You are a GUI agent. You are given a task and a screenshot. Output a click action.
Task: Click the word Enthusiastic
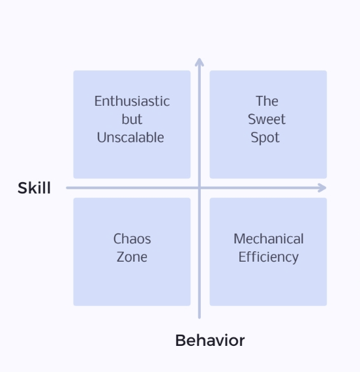pos(132,101)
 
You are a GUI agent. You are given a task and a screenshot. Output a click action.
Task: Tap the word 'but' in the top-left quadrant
pos(132,119)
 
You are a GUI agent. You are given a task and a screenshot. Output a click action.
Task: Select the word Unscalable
pos(130,137)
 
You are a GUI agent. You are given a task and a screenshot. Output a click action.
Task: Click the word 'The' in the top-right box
pos(267,101)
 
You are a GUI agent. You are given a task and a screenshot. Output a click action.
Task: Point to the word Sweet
pos(267,119)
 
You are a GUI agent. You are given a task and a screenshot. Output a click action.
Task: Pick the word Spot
pos(265,138)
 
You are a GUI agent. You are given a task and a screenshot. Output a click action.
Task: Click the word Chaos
pos(132,239)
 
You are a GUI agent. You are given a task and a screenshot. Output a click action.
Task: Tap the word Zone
pos(132,257)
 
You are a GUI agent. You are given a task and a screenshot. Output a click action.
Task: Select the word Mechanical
pos(269,239)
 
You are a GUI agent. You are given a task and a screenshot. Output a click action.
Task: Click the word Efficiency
pos(269,257)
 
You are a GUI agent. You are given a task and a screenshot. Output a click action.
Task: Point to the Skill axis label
pos(34,188)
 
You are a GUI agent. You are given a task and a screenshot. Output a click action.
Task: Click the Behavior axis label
pos(210,341)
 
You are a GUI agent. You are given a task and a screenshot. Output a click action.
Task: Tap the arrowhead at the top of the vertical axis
pos(200,61)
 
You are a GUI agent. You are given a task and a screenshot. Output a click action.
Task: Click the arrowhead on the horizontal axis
pos(323,188)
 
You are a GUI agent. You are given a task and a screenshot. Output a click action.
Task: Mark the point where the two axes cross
pos(200,188)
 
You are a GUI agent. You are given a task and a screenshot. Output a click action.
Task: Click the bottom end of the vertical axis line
pos(200,318)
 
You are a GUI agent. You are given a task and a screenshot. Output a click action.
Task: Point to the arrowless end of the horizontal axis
pos(67,188)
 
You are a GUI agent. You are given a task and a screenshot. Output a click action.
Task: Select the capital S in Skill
pos(23,188)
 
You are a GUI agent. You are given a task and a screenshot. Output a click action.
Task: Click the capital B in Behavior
pos(180,341)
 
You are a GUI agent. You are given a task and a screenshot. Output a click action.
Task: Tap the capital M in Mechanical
pos(239,239)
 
